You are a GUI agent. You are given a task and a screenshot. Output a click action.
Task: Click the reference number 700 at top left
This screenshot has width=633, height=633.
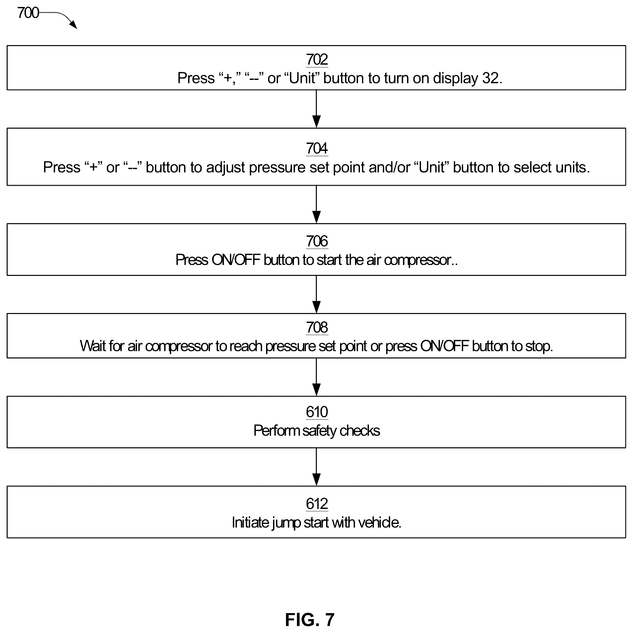tap(28, 13)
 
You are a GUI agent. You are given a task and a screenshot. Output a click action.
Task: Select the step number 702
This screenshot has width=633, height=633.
tap(317, 60)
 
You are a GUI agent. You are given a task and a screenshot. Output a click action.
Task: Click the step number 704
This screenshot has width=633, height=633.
tap(317, 148)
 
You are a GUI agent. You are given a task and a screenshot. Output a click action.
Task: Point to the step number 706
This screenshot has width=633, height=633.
tap(317, 241)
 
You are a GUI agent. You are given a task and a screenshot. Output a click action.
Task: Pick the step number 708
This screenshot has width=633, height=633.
tap(317, 327)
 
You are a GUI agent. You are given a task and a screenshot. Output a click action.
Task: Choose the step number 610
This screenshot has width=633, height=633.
tap(317, 412)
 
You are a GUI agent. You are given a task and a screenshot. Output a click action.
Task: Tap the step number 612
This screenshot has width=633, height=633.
tap(317, 504)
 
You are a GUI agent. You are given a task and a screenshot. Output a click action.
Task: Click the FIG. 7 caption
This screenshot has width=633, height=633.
tap(310, 619)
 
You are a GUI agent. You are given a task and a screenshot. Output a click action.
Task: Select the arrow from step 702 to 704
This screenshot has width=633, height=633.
tap(316, 109)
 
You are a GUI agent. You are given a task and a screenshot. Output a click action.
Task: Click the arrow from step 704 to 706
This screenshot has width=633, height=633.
tap(316, 204)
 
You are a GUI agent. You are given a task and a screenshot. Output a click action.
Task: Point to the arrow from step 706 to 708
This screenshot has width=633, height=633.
tap(316, 294)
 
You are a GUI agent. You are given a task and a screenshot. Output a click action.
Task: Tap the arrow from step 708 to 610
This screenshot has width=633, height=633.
tap(316, 377)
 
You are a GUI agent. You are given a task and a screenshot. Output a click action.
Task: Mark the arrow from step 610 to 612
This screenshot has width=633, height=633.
tap(316, 467)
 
